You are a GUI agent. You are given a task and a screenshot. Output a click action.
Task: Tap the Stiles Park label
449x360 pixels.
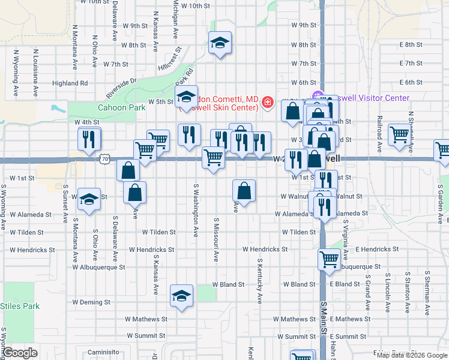(x=20, y=306)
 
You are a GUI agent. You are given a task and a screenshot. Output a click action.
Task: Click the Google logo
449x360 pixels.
(x=20, y=353)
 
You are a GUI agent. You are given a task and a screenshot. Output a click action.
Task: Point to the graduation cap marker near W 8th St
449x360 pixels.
(x=220, y=43)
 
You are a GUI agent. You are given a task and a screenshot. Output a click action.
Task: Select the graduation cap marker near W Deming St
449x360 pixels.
(x=182, y=296)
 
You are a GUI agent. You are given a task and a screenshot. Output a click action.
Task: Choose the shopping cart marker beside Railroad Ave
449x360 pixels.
(x=399, y=135)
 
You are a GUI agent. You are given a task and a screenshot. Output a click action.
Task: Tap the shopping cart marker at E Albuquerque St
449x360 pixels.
(x=329, y=259)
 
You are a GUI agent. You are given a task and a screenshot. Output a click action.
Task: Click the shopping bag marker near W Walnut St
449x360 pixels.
(x=244, y=191)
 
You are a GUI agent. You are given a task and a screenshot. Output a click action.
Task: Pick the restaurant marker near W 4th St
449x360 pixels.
(x=89, y=139)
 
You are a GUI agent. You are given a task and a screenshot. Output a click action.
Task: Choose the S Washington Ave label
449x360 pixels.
(x=196, y=211)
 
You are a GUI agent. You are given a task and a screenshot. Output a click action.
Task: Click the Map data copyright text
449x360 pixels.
(x=411, y=355)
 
